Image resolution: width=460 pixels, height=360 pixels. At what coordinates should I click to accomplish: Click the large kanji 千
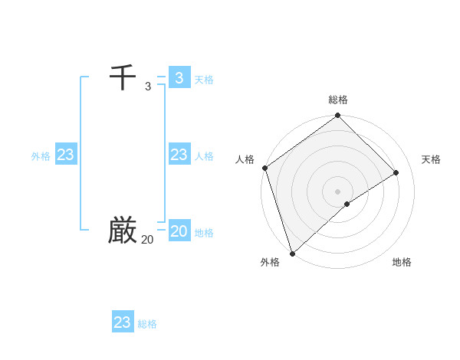pyautogui.click(x=123, y=77)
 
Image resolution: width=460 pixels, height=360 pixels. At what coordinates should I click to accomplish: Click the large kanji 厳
pyautogui.click(x=123, y=230)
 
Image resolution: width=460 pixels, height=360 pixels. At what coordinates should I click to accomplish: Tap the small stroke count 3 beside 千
pyautogui.click(x=148, y=87)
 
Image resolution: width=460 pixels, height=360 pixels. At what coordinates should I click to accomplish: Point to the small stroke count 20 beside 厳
pyautogui.click(x=147, y=240)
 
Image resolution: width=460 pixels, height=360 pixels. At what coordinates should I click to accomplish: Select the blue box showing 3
pyautogui.click(x=179, y=77)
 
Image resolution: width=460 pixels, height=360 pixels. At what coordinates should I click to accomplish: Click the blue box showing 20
pyautogui.click(x=179, y=231)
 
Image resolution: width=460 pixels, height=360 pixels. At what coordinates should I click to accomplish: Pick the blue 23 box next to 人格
pyautogui.click(x=179, y=155)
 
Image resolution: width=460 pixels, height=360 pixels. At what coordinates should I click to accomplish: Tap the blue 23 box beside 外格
pyautogui.click(x=65, y=155)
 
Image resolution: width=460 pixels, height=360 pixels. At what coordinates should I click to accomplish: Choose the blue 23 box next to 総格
pyautogui.click(x=123, y=322)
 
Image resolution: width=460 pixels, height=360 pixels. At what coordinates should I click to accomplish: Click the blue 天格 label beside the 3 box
pyautogui.click(x=204, y=80)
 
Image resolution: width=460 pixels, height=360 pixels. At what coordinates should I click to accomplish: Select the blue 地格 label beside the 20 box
pyautogui.click(x=204, y=233)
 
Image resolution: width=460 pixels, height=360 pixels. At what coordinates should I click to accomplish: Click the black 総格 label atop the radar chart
pyautogui.click(x=338, y=100)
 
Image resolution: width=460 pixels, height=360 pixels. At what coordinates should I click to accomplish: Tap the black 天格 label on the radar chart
pyautogui.click(x=431, y=159)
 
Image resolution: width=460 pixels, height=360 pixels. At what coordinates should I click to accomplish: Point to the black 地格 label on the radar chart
pyautogui.click(x=402, y=262)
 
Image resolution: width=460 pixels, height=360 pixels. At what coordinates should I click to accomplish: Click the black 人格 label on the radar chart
pyautogui.click(x=245, y=159)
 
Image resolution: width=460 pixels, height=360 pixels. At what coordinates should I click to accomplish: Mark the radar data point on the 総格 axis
pyautogui.click(x=338, y=116)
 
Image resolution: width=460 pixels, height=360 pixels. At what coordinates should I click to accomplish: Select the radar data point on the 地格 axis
pyautogui.click(x=347, y=204)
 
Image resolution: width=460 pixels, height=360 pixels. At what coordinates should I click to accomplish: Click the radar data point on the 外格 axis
pyautogui.click(x=292, y=253)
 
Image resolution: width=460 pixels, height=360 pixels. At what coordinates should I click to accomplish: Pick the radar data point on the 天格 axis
pyautogui.click(x=396, y=172)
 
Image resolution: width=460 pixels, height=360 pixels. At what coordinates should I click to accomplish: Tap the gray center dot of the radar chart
pyautogui.click(x=338, y=191)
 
